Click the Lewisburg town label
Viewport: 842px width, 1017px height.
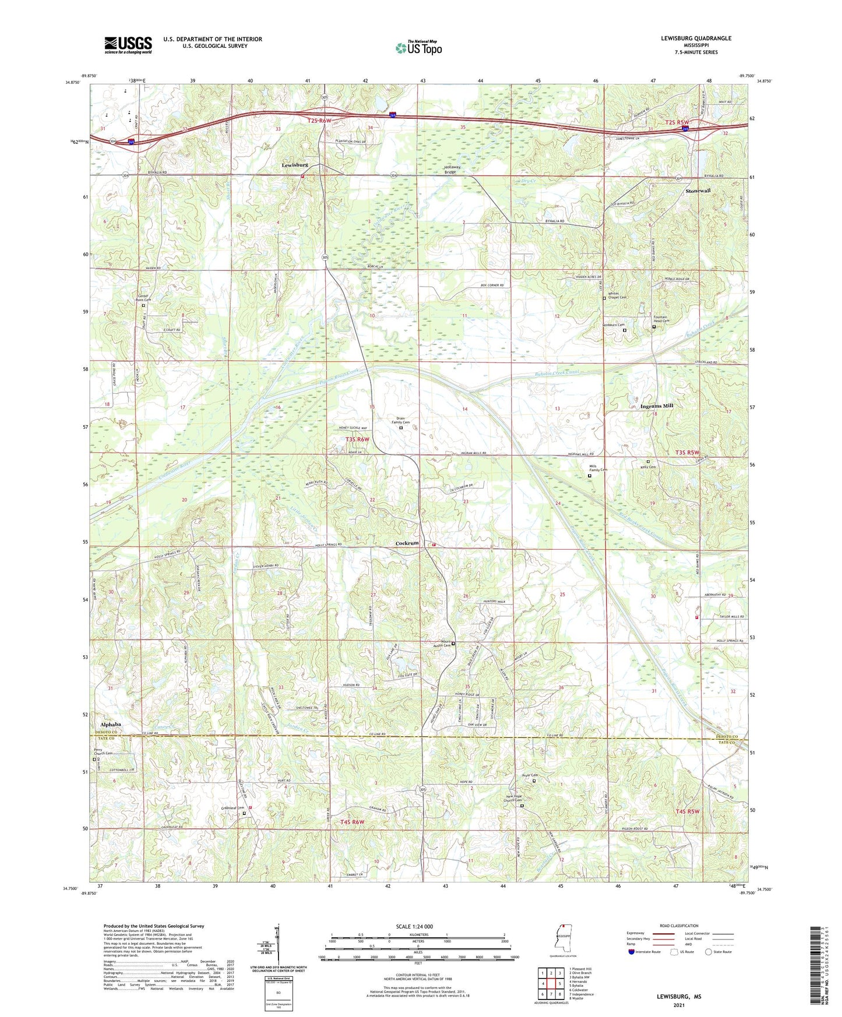pyautogui.click(x=295, y=165)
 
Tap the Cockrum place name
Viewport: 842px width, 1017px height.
pyautogui.click(x=407, y=543)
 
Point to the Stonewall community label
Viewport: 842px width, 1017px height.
pyautogui.click(x=698, y=191)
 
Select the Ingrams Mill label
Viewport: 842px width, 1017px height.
pyautogui.click(x=657, y=406)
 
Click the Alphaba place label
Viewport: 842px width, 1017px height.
pyautogui.click(x=111, y=725)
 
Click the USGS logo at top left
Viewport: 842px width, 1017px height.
pyautogui.click(x=128, y=45)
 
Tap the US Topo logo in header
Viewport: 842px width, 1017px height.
pyautogui.click(x=419, y=48)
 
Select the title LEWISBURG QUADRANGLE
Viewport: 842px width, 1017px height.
pyautogui.click(x=696, y=38)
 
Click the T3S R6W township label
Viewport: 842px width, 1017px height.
pyautogui.click(x=357, y=439)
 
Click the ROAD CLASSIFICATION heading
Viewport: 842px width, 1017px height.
pyautogui.click(x=679, y=926)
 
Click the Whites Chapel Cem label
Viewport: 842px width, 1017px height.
pyautogui.click(x=617, y=295)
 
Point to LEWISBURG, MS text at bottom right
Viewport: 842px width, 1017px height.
pyautogui.click(x=679, y=997)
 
